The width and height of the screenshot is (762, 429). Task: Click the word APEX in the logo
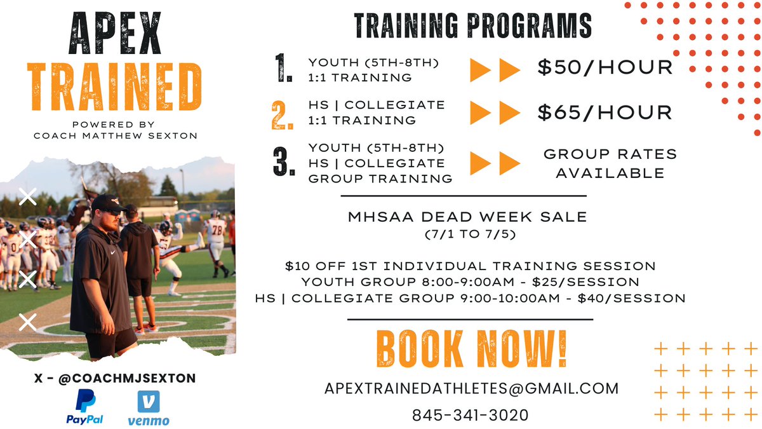[116, 36]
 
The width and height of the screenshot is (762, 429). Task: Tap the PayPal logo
[85, 407]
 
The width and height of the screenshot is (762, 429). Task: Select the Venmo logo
[148, 407]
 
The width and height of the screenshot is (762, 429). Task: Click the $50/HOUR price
[605, 67]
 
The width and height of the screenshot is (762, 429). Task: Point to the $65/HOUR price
[605, 112]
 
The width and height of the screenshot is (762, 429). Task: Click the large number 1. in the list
[283, 69]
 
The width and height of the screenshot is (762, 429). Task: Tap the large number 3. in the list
[283, 161]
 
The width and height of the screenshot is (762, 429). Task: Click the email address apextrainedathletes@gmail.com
[471, 388]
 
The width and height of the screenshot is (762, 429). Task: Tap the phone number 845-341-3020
[470, 415]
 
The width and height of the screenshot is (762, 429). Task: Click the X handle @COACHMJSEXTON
[115, 378]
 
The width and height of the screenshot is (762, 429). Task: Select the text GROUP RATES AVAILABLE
[610, 163]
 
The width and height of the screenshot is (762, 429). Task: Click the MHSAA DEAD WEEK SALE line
[467, 217]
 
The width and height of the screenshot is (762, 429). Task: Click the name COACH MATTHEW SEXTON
[116, 135]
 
